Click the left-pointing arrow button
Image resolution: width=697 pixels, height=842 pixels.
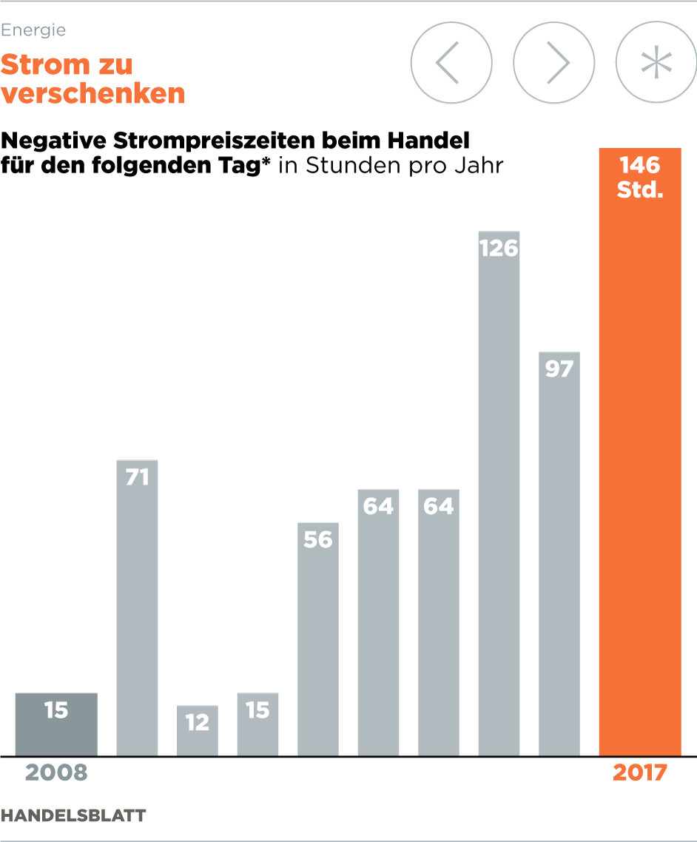(x=451, y=63)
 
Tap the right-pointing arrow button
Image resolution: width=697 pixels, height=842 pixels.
(x=553, y=63)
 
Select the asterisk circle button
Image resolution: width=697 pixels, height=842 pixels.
(x=656, y=63)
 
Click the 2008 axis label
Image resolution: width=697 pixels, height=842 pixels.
(x=56, y=773)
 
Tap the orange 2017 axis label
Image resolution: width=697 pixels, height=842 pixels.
(x=639, y=773)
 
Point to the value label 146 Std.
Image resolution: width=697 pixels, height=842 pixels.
(x=639, y=176)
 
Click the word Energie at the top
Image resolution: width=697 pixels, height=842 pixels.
(x=33, y=30)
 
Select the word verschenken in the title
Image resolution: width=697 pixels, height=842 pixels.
(x=92, y=94)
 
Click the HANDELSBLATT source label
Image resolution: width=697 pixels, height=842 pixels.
(x=73, y=815)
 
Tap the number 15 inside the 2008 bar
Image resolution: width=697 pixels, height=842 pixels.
(x=56, y=710)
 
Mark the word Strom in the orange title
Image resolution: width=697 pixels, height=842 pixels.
(x=44, y=65)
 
